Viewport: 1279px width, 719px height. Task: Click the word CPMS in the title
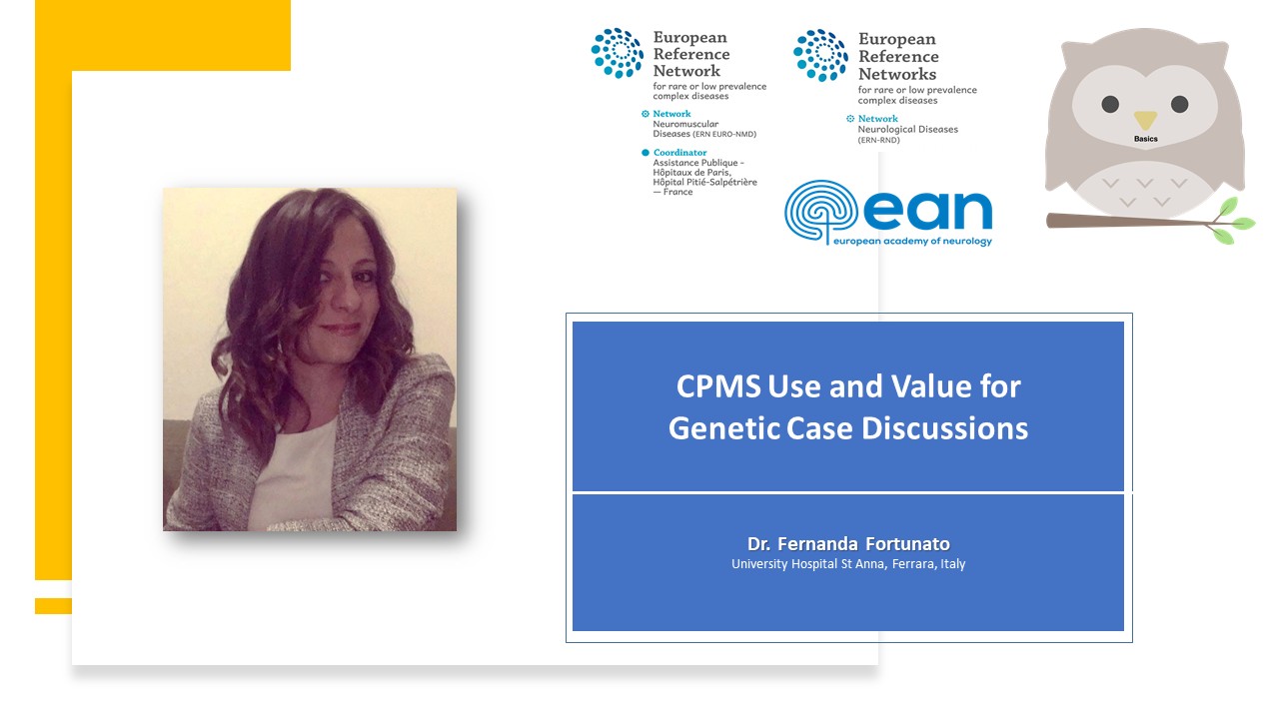tap(718, 386)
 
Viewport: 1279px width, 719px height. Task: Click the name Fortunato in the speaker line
tap(907, 544)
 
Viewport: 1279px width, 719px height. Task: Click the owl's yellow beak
tap(1145, 119)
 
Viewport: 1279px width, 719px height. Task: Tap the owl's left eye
tap(1110, 105)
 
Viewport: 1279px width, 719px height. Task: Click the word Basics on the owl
tap(1145, 139)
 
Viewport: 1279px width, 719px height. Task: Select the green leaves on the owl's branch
tap(1232, 221)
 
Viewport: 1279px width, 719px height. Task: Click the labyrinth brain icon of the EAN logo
tap(821, 210)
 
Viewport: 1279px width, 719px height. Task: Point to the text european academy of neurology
tap(912, 241)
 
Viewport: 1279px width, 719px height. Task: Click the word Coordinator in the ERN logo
tap(679, 153)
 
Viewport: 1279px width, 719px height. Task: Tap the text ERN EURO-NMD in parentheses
tap(724, 134)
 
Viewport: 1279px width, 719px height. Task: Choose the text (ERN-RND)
tap(878, 140)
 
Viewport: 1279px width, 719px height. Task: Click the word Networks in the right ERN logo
tap(897, 74)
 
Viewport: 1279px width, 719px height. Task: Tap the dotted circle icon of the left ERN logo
tap(618, 53)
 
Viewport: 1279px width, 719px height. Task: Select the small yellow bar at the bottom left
tap(53, 606)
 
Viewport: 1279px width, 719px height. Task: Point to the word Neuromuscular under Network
tap(685, 124)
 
